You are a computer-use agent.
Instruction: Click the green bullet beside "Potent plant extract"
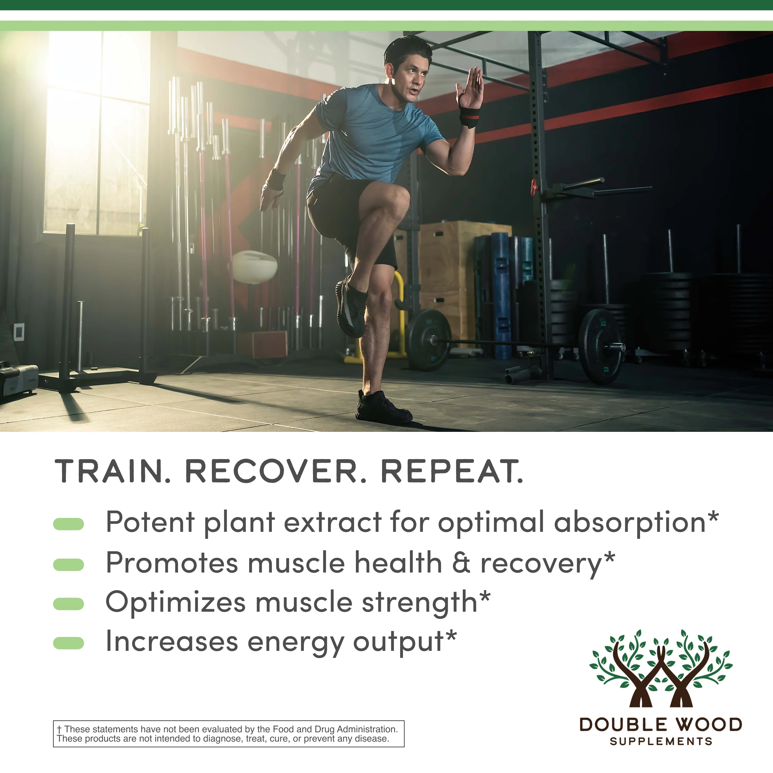point(69,524)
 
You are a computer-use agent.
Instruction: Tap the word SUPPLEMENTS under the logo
point(661,741)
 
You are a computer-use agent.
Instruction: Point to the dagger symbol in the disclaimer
point(59,729)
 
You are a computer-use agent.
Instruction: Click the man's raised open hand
point(471,88)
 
